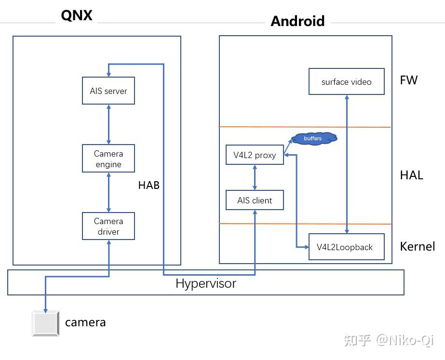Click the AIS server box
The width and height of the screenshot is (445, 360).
click(108, 91)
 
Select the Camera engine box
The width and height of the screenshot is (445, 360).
click(108, 159)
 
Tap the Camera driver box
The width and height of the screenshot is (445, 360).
click(108, 226)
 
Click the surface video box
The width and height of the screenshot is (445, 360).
click(346, 81)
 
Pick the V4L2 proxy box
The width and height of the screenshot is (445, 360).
click(255, 155)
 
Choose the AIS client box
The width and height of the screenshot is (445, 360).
click(255, 200)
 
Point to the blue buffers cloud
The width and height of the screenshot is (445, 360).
click(313, 138)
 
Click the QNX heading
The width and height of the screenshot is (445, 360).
click(77, 15)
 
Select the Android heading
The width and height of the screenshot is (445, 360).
click(297, 21)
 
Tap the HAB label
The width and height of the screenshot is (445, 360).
click(148, 185)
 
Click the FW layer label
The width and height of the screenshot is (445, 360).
click(409, 80)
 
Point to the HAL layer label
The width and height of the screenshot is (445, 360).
click(411, 175)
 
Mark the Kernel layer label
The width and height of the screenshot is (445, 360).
click(417, 246)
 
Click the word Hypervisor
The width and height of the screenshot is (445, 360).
click(206, 283)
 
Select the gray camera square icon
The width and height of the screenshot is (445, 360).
click(45, 323)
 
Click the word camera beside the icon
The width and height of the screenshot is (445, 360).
click(85, 322)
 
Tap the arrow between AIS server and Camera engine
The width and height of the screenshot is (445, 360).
click(108, 124)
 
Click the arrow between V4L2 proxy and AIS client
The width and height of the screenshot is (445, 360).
click(255, 177)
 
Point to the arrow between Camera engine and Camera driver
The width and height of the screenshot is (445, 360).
click(108, 192)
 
